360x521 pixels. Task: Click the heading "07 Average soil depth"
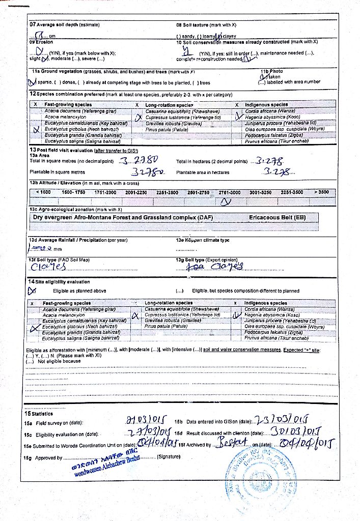65,24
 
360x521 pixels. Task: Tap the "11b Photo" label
271,71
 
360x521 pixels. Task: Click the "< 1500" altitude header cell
43,192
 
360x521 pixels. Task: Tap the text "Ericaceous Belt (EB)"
278,218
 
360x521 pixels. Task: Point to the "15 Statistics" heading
38,413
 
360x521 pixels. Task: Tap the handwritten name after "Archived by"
232,443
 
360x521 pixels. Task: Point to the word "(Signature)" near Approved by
169,456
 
